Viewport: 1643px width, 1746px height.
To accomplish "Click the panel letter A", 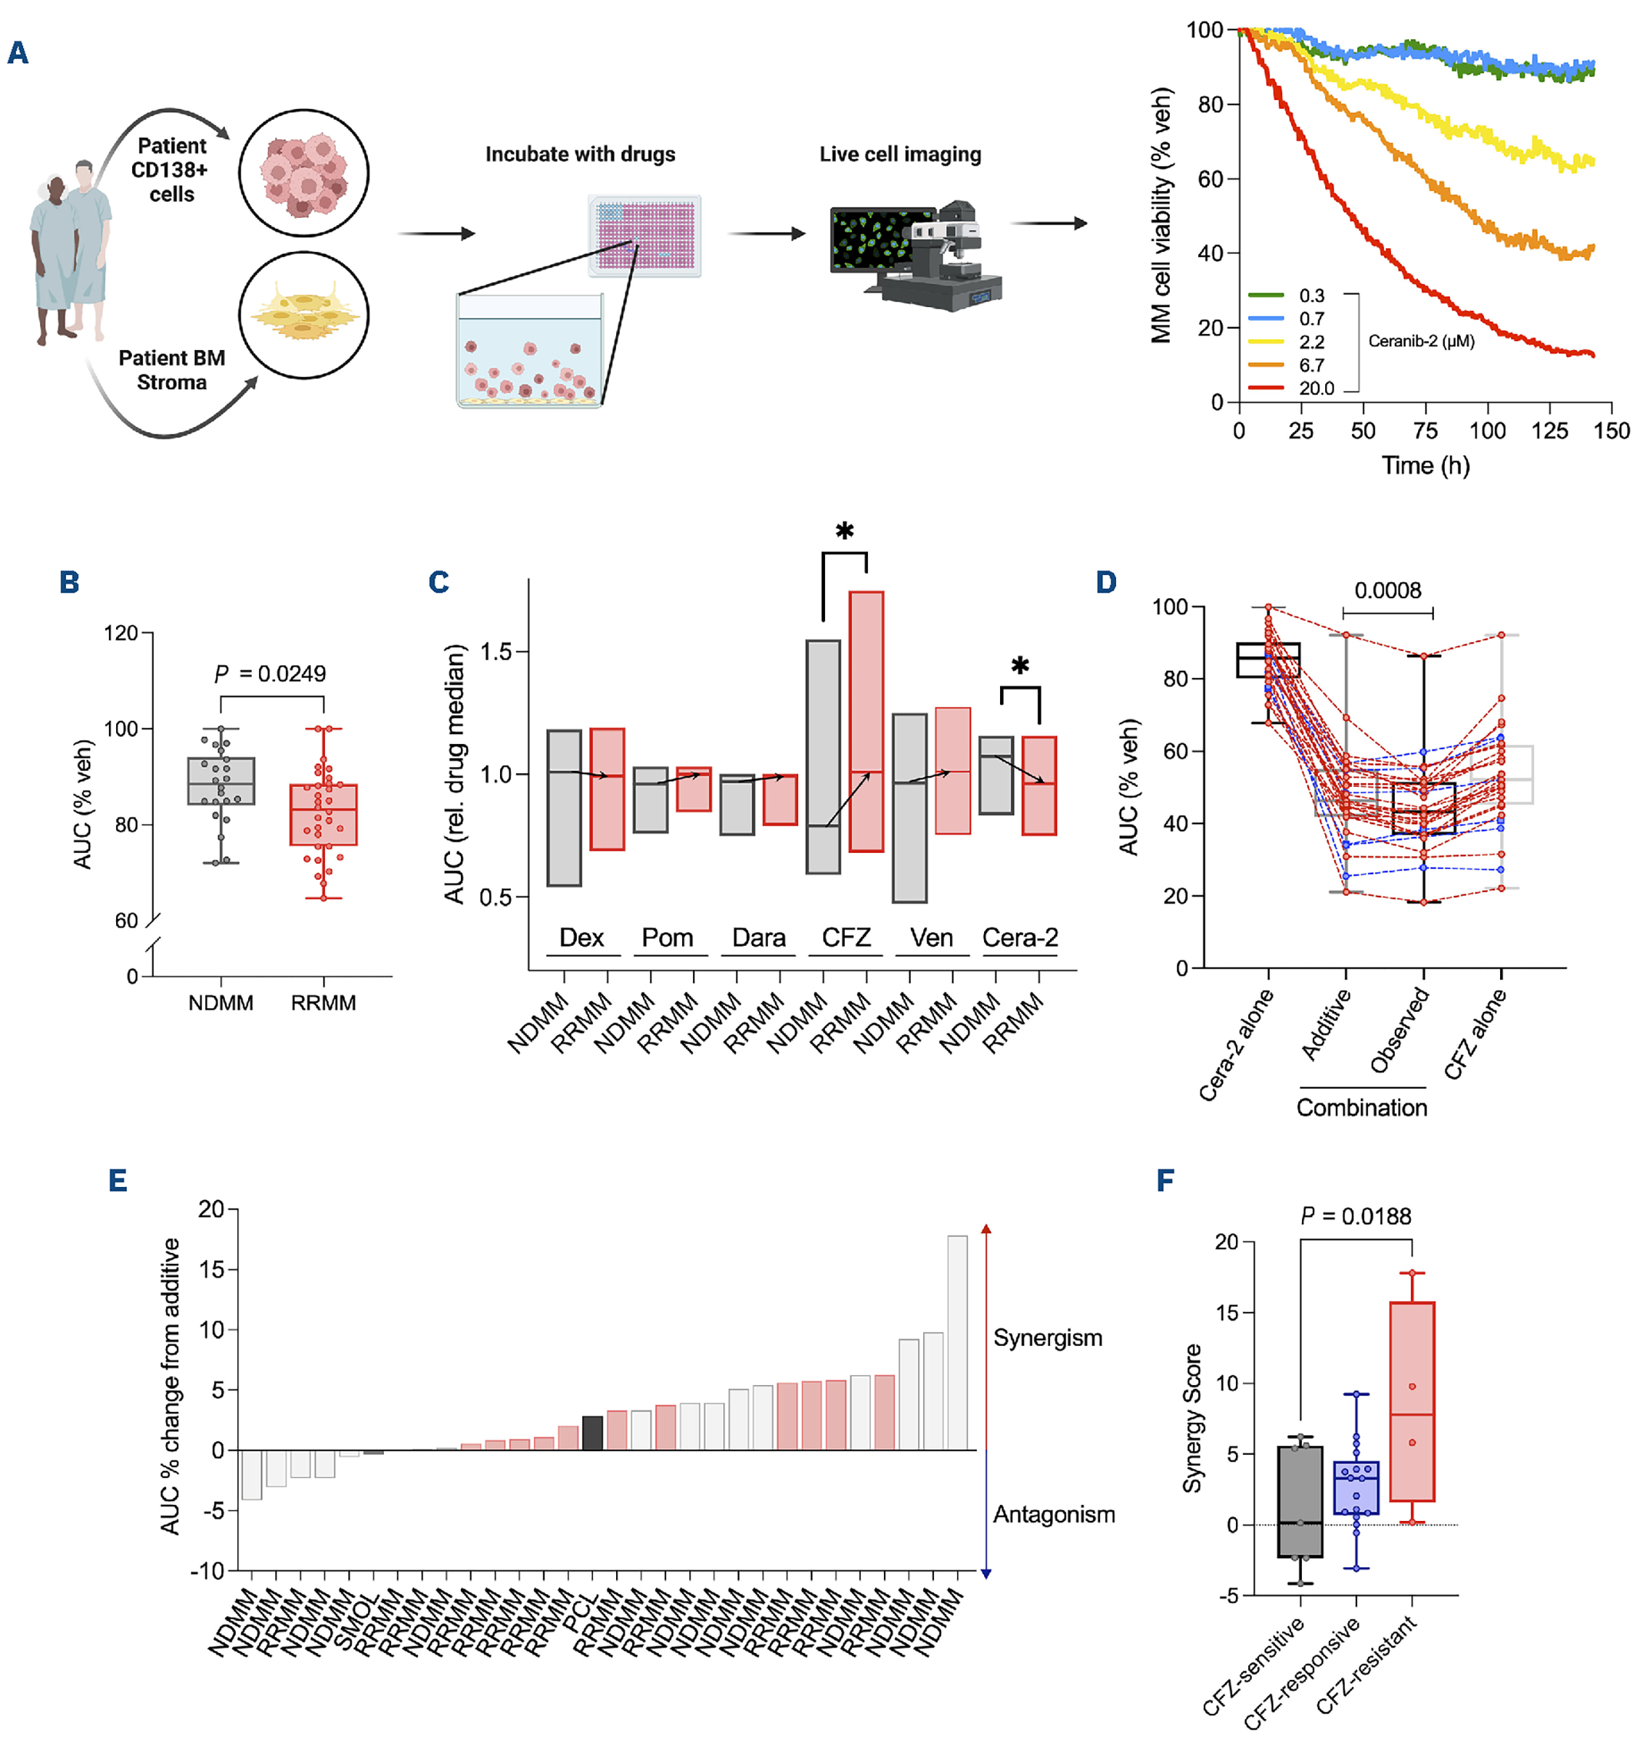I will [x=17, y=53].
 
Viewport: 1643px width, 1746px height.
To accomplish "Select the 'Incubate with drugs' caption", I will [x=581, y=155].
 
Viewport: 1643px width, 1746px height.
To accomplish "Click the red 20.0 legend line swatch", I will [x=1266, y=388].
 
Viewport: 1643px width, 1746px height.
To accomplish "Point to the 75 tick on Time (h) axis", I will [x=1425, y=431].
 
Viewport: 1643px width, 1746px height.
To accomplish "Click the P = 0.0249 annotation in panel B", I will [x=271, y=674].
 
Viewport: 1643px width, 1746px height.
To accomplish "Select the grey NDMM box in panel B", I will [x=221, y=780].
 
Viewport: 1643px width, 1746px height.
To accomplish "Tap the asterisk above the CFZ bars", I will [x=844, y=531].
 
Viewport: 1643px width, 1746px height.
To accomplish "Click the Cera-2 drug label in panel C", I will [x=1020, y=938].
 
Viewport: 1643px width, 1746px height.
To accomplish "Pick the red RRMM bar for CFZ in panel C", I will [x=866, y=721].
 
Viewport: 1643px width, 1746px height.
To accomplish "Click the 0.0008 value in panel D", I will [x=1388, y=590].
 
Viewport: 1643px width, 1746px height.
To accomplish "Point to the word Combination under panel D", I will [x=1362, y=1108].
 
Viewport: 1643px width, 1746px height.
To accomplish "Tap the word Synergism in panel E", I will [x=1048, y=1337].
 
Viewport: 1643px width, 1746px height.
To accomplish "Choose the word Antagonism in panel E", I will [x=1054, y=1514].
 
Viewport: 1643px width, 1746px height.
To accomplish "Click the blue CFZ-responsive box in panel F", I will [x=1356, y=1488].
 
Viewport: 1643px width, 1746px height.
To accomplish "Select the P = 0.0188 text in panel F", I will [x=1356, y=1217].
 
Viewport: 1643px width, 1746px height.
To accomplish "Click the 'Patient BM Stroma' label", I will [x=172, y=370].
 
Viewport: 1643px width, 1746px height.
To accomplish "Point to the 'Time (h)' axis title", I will [x=1425, y=465].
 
